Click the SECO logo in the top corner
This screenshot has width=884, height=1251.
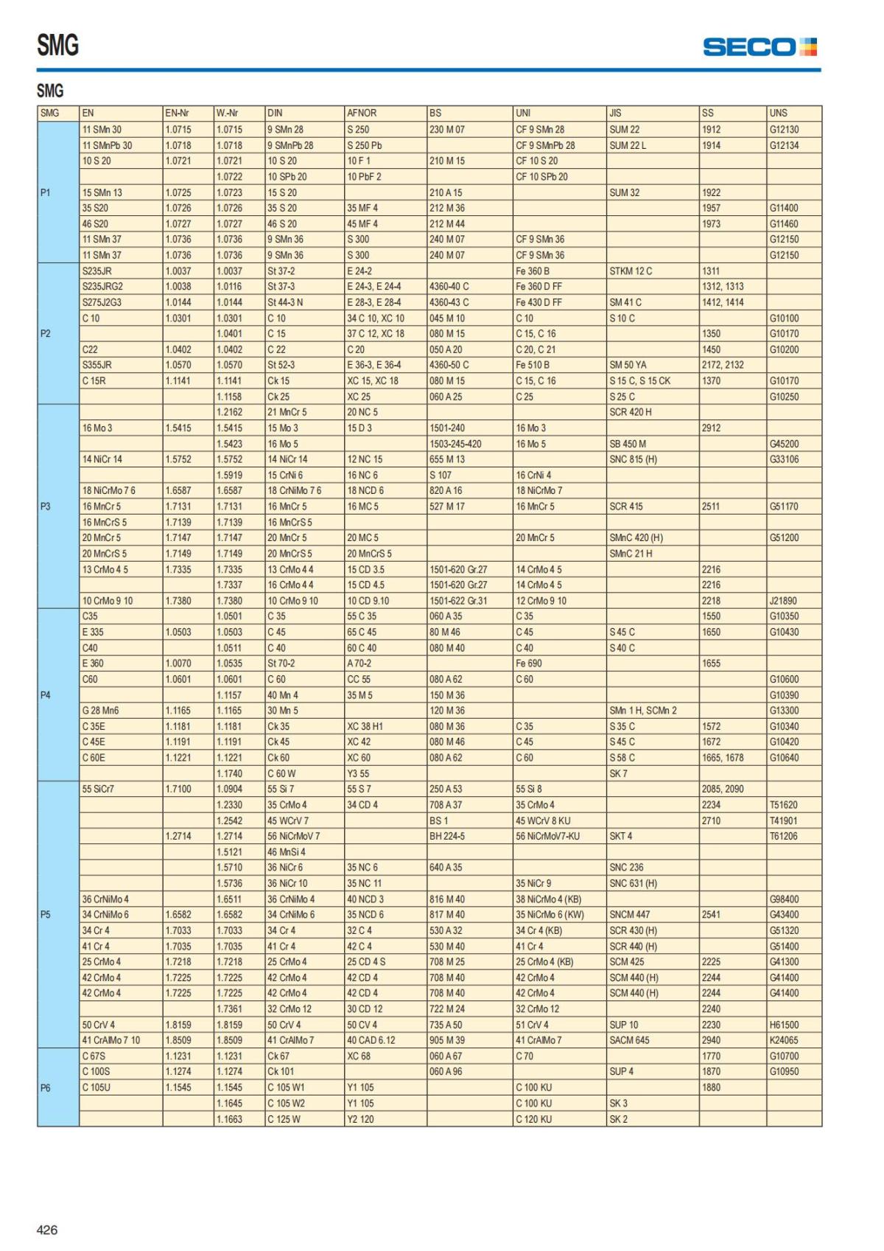760,47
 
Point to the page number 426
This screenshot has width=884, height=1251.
47,1230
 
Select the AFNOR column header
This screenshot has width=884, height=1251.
362,114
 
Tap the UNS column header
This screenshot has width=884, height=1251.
779,114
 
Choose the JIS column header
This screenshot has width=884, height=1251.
615,114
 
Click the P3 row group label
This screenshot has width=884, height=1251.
46,506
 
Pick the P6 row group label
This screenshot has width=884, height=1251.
46,1088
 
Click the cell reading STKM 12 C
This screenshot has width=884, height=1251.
631,271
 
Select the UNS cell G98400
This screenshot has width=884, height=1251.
784,899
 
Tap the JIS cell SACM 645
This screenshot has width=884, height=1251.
629,1040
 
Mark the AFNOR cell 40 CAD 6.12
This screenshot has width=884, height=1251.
371,1040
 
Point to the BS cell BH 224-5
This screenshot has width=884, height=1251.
447,837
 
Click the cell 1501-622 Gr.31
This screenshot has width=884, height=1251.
458,601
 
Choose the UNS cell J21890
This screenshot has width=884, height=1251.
783,601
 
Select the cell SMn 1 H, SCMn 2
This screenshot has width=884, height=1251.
642,711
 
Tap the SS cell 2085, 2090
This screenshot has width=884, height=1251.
723,789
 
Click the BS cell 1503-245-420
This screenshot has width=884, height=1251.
455,444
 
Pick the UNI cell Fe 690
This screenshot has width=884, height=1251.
529,663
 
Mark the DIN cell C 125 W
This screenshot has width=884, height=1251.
284,1119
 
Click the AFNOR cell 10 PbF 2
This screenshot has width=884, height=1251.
364,177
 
